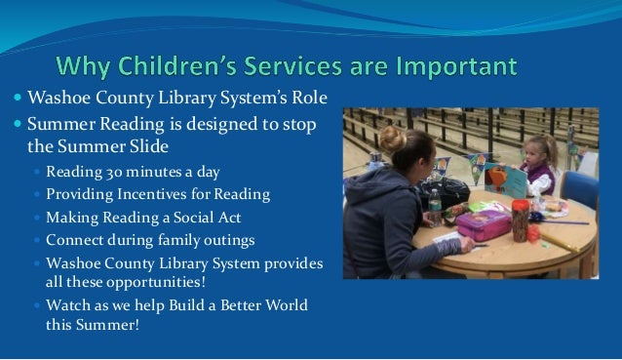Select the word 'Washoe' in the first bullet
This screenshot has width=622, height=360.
[x=57, y=99]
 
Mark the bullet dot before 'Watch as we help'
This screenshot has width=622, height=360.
[x=37, y=306]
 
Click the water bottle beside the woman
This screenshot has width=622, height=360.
[x=434, y=206]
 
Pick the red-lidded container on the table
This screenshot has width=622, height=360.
[x=521, y=217]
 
